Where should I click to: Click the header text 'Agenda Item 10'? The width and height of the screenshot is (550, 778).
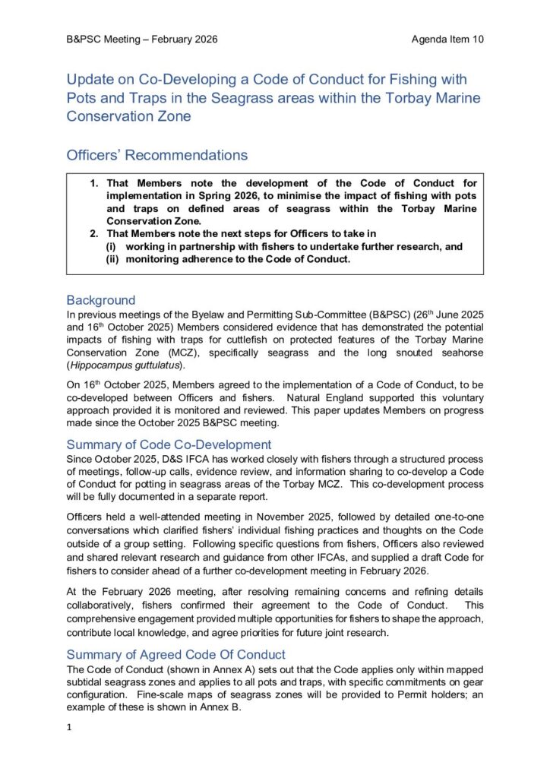tap(447, 40)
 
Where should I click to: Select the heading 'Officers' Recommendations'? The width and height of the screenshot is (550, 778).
tap(157, 156)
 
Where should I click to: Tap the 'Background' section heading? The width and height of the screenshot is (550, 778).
tap(101, 300)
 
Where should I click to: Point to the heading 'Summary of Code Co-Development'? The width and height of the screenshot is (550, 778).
tap(169, 444)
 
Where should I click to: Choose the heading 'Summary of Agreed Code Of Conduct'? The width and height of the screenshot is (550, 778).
tap(176, 654)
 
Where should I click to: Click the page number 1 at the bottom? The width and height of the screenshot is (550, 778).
tap(69, 727)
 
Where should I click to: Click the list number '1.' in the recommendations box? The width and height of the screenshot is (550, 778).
tap(95, 183)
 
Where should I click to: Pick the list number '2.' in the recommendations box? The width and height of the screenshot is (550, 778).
tap(95, 233)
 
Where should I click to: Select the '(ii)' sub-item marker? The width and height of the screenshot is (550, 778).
tap(112, 259)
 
